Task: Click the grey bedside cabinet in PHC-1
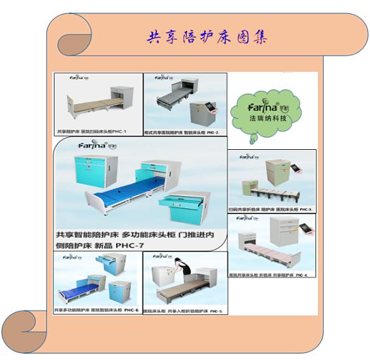(x=121, y=102)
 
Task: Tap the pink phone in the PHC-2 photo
(x=214, y=109)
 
